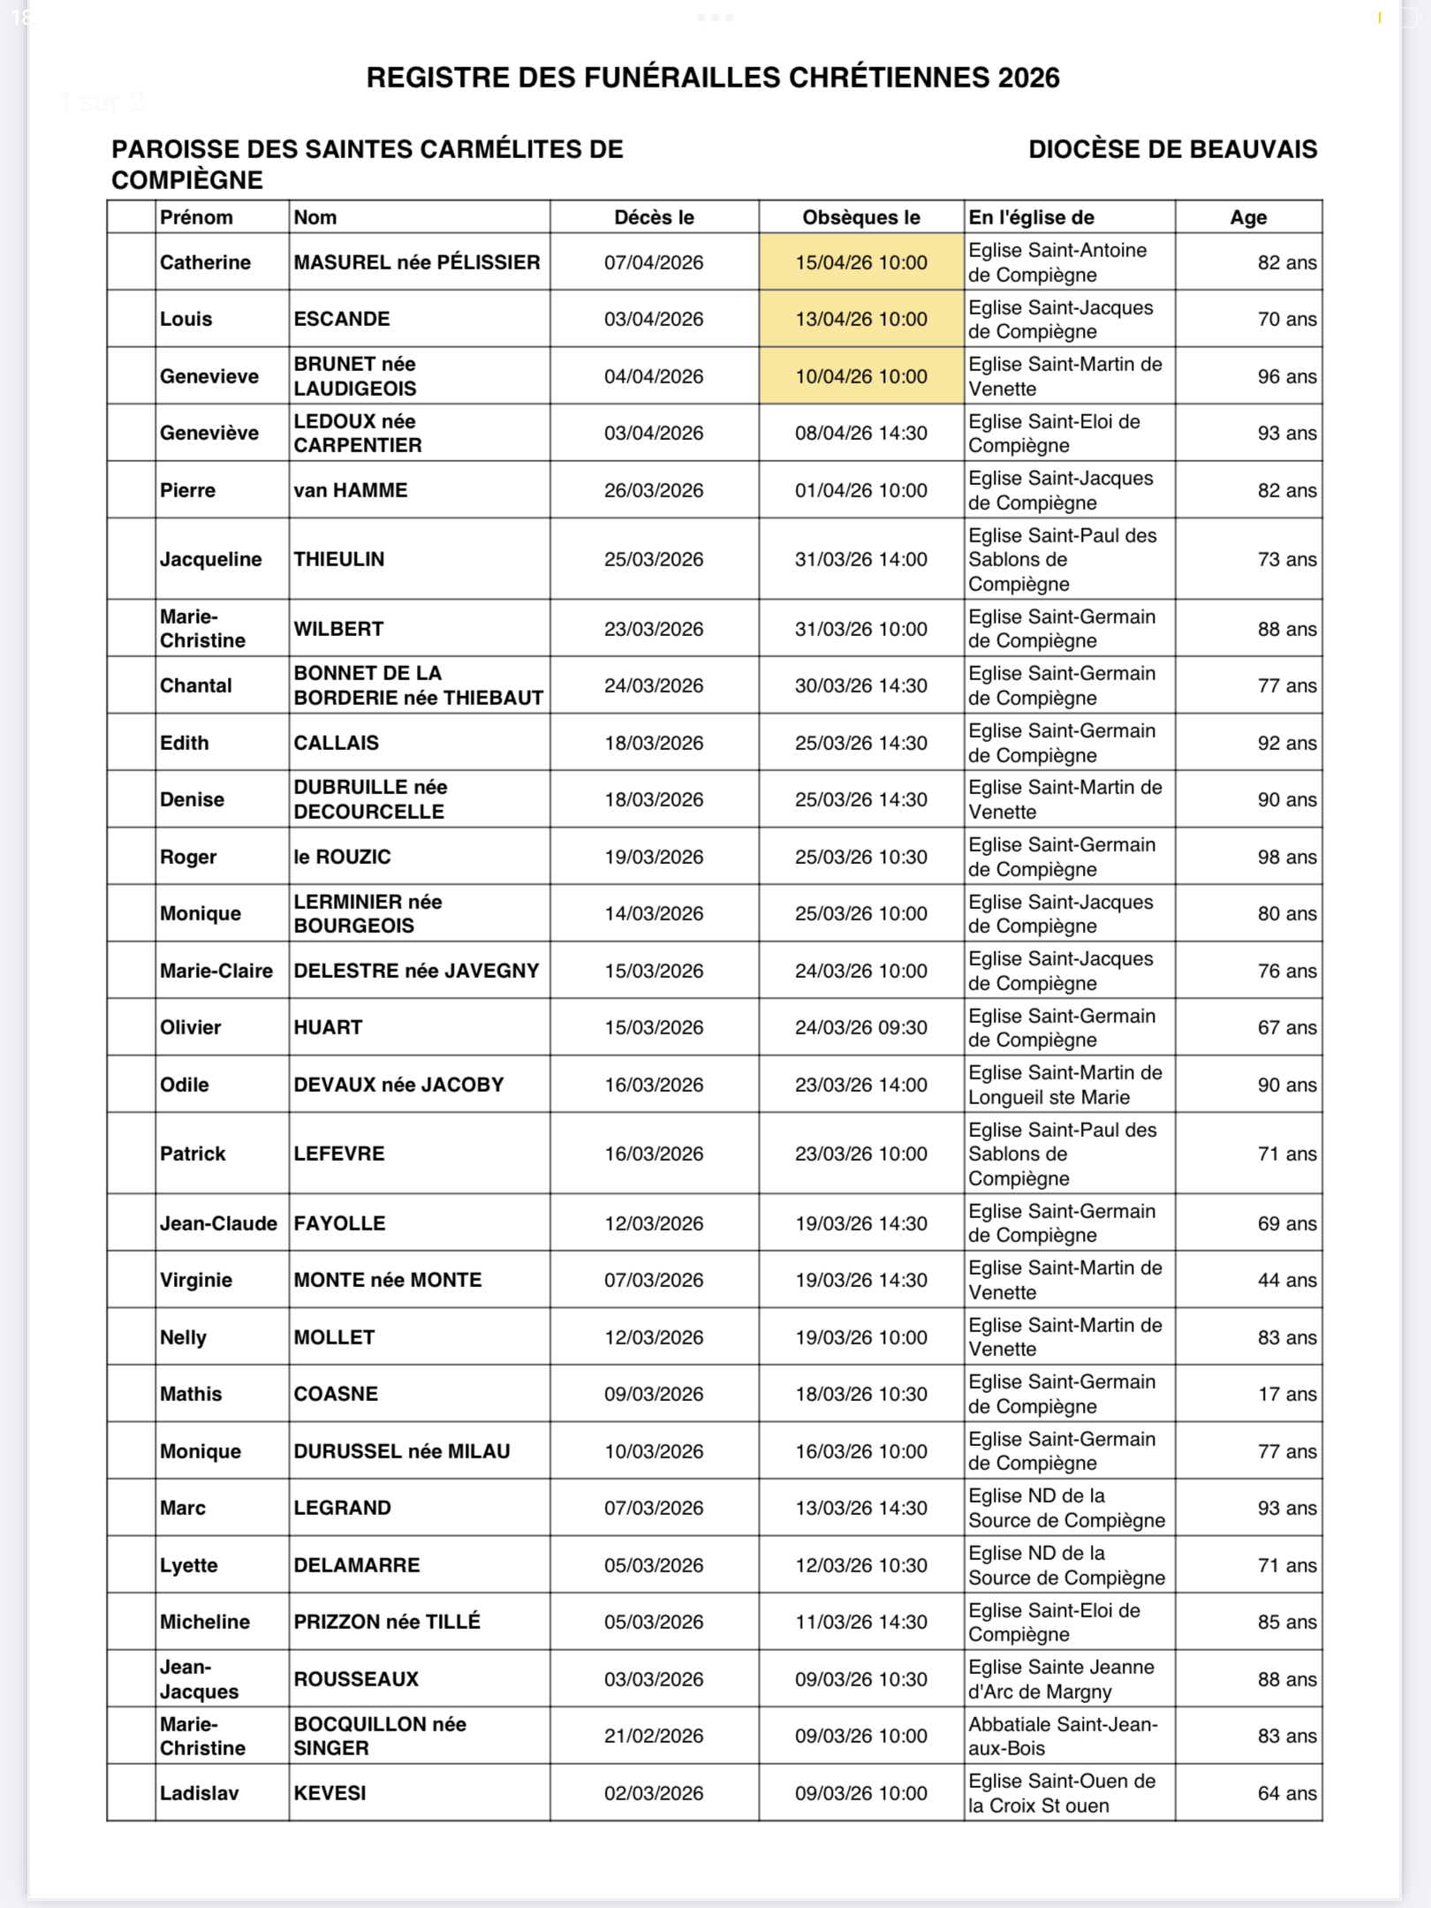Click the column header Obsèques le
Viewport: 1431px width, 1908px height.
(860, 217)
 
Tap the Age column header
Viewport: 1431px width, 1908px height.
(1247, 217)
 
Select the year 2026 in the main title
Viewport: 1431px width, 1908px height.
(1028, 78)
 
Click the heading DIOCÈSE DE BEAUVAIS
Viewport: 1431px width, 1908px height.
(1172, 149)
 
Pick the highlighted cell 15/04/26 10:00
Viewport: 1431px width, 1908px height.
(860, 262)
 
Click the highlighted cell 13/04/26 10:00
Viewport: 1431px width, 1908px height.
(860, 319)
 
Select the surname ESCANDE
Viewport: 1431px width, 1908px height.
(341, 319)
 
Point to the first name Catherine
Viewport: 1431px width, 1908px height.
(205, 262)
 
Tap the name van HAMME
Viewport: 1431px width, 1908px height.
(350, 490)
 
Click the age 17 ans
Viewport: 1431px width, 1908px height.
(1287, 1394)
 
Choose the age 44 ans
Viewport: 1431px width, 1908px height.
(1287, 1280)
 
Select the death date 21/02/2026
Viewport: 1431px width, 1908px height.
(654, 1736)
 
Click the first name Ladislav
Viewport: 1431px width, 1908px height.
(199, 1793)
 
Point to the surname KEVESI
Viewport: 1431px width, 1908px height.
(329, 1793)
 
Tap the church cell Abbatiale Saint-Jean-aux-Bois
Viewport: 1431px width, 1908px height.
(1062, 1736)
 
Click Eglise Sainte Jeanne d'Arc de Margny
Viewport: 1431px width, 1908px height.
(1060, 1679)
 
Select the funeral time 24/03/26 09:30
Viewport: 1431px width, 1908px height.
(860, 1027)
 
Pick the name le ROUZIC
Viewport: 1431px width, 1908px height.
(342, 857)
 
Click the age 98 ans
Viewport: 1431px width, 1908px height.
(1287, 857)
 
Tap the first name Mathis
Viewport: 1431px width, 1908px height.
(191, 1394)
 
